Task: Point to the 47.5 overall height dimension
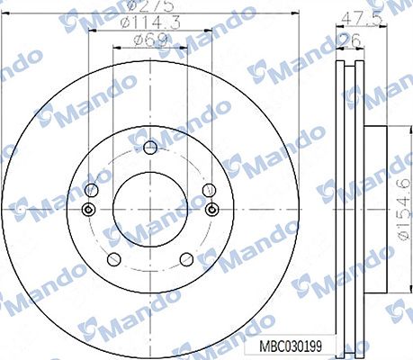tap(358, 15)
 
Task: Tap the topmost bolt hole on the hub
tap(150, 147)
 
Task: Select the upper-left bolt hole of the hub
tap(95, 190)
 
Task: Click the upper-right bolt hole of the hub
tap(207, 190)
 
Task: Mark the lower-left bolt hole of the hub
tap(115, 258)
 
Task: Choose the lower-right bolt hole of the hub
tap(185, 258)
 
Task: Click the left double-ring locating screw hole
tap(87, 210)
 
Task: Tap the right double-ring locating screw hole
tap(213, 210)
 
